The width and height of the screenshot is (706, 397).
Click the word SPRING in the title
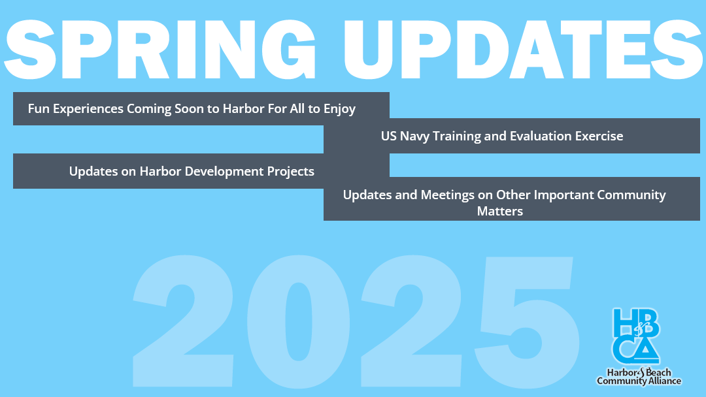click(160, 50)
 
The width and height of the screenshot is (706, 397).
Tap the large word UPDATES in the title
click(523, 50)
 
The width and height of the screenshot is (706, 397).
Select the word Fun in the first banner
click(39, 109)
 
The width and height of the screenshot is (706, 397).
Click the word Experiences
click(88, 109)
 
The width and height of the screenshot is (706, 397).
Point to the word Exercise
click(597, 136)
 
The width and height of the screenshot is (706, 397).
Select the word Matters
click(500, 212)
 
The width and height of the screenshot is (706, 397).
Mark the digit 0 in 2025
click(298, 322)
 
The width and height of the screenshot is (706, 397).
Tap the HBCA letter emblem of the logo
click(636, 336)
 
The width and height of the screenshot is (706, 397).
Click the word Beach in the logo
click(659, 373)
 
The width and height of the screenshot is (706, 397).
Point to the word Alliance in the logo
click(663, 381)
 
